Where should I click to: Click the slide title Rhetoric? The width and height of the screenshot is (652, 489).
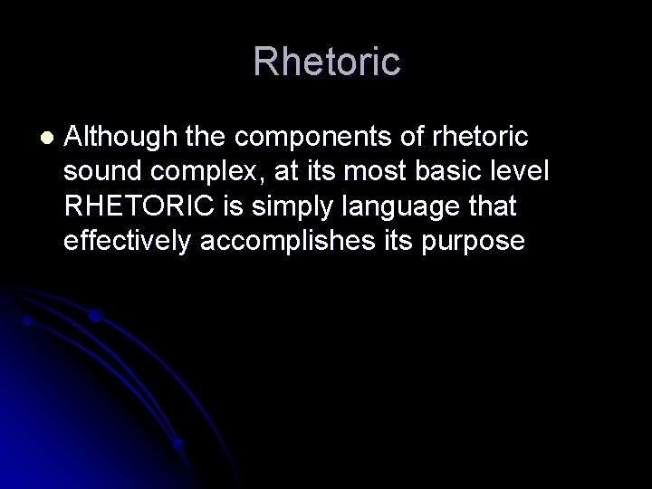point(326,62)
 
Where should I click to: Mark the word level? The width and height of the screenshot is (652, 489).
point(515,172)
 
